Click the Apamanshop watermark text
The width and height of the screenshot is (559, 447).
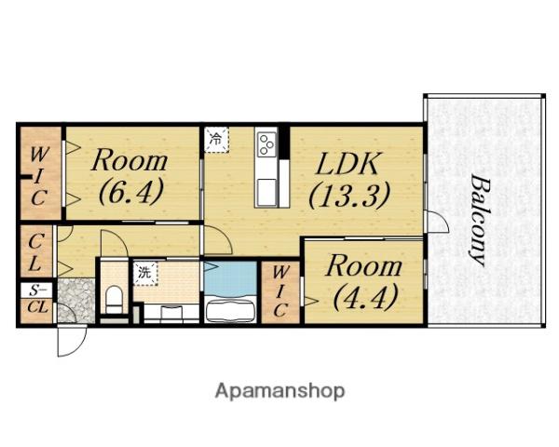coord(279,391)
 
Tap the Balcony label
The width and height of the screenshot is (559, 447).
coord(479,220)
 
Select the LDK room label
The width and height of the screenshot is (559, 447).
coord(347,164)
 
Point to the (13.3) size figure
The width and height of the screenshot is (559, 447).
coord(348,196)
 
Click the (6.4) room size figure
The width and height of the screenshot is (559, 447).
coord(130,192)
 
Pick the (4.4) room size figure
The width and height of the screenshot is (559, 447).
coord(364,297)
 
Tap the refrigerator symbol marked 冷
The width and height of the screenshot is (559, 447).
coord(216,140)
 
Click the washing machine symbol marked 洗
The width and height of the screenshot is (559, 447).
coord(145,274)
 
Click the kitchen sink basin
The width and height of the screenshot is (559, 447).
coord(266,192)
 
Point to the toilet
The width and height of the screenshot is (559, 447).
coord(114,299)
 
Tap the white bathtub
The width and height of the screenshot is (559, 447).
coord(230,311)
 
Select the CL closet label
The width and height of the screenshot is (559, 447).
coord(34,252)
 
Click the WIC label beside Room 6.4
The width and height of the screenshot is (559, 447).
coord(39,176)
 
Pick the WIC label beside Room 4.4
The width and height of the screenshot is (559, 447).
coord(280,291)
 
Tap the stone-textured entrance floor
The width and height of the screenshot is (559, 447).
coord(76,301)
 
